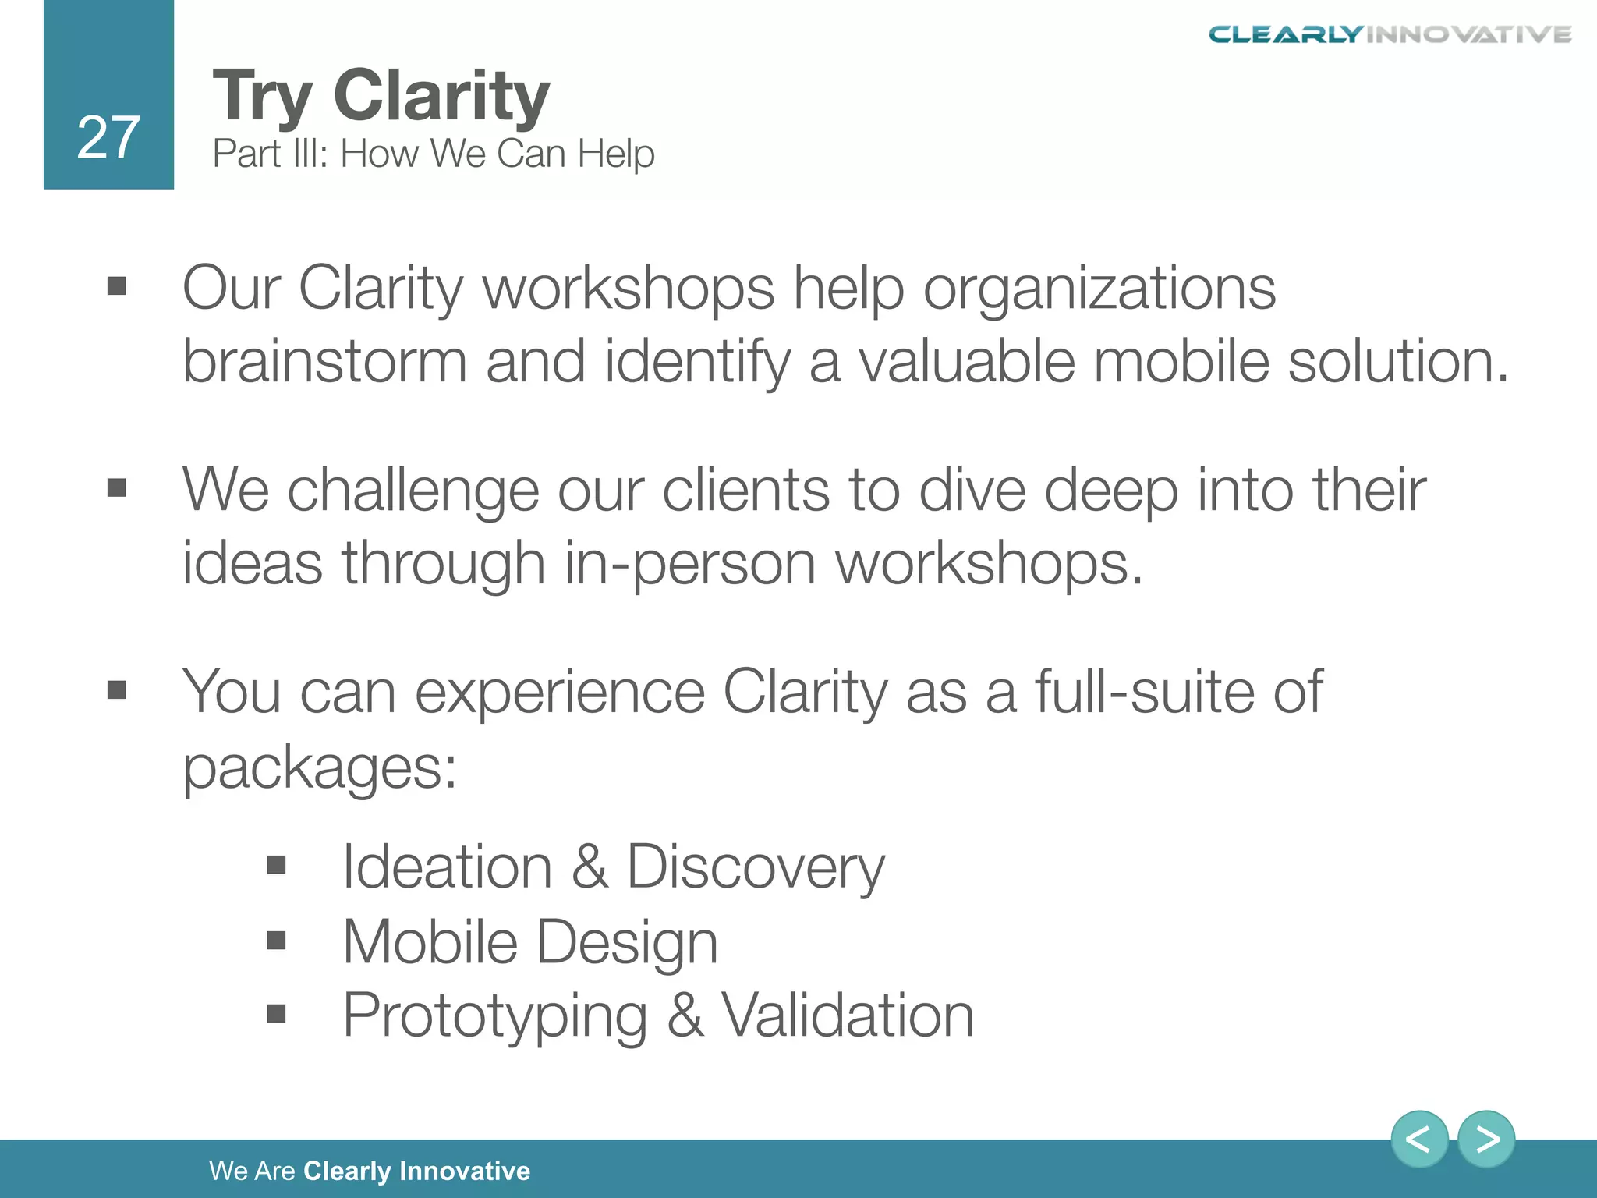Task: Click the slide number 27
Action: (108, 138)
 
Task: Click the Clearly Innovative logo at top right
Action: (1390, 34)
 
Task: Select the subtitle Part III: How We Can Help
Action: (433, 154)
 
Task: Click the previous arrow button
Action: (1418, 1140)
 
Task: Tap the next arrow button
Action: (1486, 1140)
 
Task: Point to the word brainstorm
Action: (324, 362)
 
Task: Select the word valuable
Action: (967, 362)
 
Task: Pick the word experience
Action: (559, 693)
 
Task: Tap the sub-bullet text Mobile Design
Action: (529, 942)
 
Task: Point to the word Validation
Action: (847, 1015)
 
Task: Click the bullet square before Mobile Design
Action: (276, 941)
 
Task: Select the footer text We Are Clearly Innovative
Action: (369, 1171)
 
